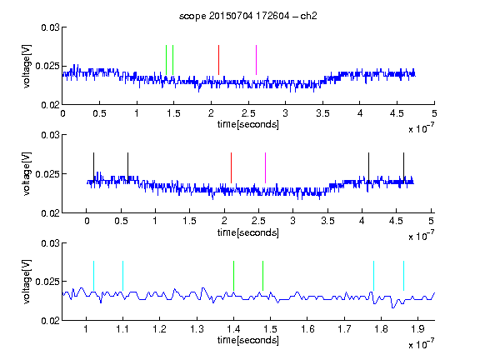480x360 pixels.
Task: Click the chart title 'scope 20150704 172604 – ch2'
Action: click(247, 16)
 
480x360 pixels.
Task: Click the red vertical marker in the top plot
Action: click(218, 60)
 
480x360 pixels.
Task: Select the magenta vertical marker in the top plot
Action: click(256, 60)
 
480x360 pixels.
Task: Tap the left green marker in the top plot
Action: click(166, 60)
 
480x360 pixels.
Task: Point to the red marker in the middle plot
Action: click(231, 167)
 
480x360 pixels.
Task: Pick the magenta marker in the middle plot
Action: click(265, 167)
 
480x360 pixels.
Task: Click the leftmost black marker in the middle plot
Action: click(93, 167)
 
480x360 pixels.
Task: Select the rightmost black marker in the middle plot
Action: click(404, 167)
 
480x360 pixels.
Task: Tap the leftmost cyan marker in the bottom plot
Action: click(93, 276)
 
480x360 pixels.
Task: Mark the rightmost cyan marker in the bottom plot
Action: click(404, 276)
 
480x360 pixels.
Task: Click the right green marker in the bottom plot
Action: click(263, 276)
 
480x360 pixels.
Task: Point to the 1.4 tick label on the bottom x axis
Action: click(233, 329)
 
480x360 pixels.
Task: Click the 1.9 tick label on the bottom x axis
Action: click(418, 329)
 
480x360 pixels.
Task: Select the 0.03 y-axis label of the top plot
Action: click(50, 27)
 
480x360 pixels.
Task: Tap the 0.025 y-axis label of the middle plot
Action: click(47, 174)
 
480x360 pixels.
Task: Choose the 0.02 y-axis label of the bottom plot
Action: click(50, 321)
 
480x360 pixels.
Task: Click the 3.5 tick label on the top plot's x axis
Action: click(322, 113)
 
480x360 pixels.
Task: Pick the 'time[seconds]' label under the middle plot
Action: click(248, 232)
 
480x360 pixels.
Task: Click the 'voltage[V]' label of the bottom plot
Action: click(27, 282)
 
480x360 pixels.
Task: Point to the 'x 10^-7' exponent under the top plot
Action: click(422, 128)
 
